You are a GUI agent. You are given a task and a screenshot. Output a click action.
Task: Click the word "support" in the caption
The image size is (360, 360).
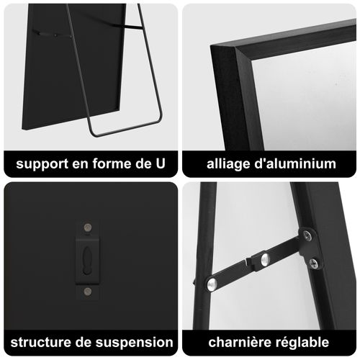point(42,164)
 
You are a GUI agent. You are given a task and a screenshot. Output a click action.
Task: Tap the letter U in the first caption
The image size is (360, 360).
point(160,163)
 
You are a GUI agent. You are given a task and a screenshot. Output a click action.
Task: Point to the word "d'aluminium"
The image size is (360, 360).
point(295,163)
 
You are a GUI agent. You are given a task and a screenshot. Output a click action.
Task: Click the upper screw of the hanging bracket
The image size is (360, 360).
point(88,228)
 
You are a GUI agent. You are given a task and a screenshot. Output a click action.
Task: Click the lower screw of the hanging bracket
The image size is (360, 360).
point(88,292)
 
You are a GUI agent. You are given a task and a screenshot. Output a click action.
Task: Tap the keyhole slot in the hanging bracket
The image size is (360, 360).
point(88,257)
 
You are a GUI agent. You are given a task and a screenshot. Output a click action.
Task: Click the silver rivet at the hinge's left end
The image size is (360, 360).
point(212,284)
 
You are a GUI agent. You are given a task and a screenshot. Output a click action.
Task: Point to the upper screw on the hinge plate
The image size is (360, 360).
point(307,235)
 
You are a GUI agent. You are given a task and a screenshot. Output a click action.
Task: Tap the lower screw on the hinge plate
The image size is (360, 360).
point(313,264)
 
